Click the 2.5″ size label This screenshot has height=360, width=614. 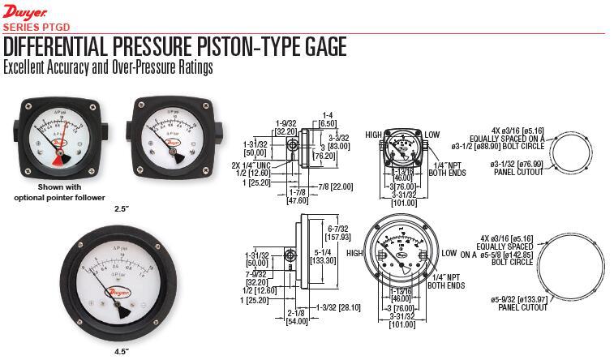pos(122,208)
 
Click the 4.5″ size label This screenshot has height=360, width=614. pos(122,351)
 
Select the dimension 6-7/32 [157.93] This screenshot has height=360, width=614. pos(335,234)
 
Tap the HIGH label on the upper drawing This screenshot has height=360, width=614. pos(373,135)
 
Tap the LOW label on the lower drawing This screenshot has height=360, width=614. pos(449,254)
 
